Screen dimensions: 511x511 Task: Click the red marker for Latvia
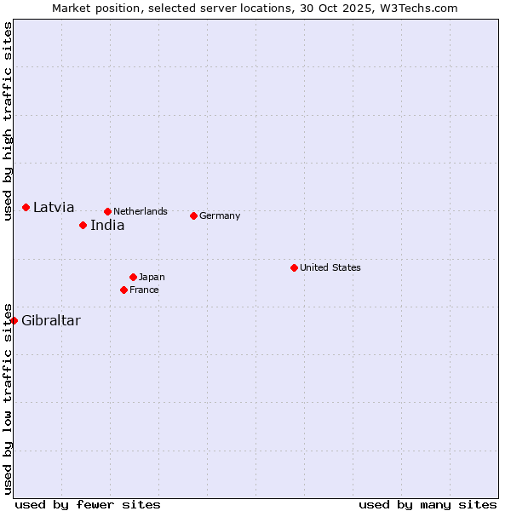pyautogui.click(x=26, y=207)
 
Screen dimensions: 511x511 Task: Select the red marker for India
pyautogui.click(x=83, y=225)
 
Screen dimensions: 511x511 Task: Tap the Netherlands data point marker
pyautogui.click(x=107, y=211)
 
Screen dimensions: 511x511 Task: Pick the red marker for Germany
pyautogui.click(x=193, y=215)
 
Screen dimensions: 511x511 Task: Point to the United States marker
pyautogui.click(x=294, y=267)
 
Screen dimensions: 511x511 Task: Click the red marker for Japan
pyautogui.click(x=133, y=277)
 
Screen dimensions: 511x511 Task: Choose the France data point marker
pyautogui.click(x=123, y=290)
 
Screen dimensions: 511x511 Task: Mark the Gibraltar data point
pyautogui.click(x=14, y=320)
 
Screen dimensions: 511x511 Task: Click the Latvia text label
pyautogui.click(x=54, y=207)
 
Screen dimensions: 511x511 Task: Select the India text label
pyautogui.click(x=107, y=225)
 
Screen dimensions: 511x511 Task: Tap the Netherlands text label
pyautogui.click(x=141, y=211)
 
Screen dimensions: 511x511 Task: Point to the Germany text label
pyautogui.click(x=220, y=215)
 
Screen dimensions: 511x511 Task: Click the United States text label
pyautogui.click(x=330, y=267)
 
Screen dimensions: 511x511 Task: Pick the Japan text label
pyautogui.click(x=152, y=277)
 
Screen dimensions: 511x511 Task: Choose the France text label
pyautogui.click(x=144, y=290)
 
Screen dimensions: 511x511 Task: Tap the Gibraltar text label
pyautogui.click(x=51, y=320)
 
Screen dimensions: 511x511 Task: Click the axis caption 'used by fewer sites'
pyautogui.click(x=88, y=504)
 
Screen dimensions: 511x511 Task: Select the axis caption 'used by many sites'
pyautogui.click(x=428, y=504)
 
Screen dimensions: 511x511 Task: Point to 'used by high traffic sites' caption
pyautogui.click(x=8, y=121)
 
